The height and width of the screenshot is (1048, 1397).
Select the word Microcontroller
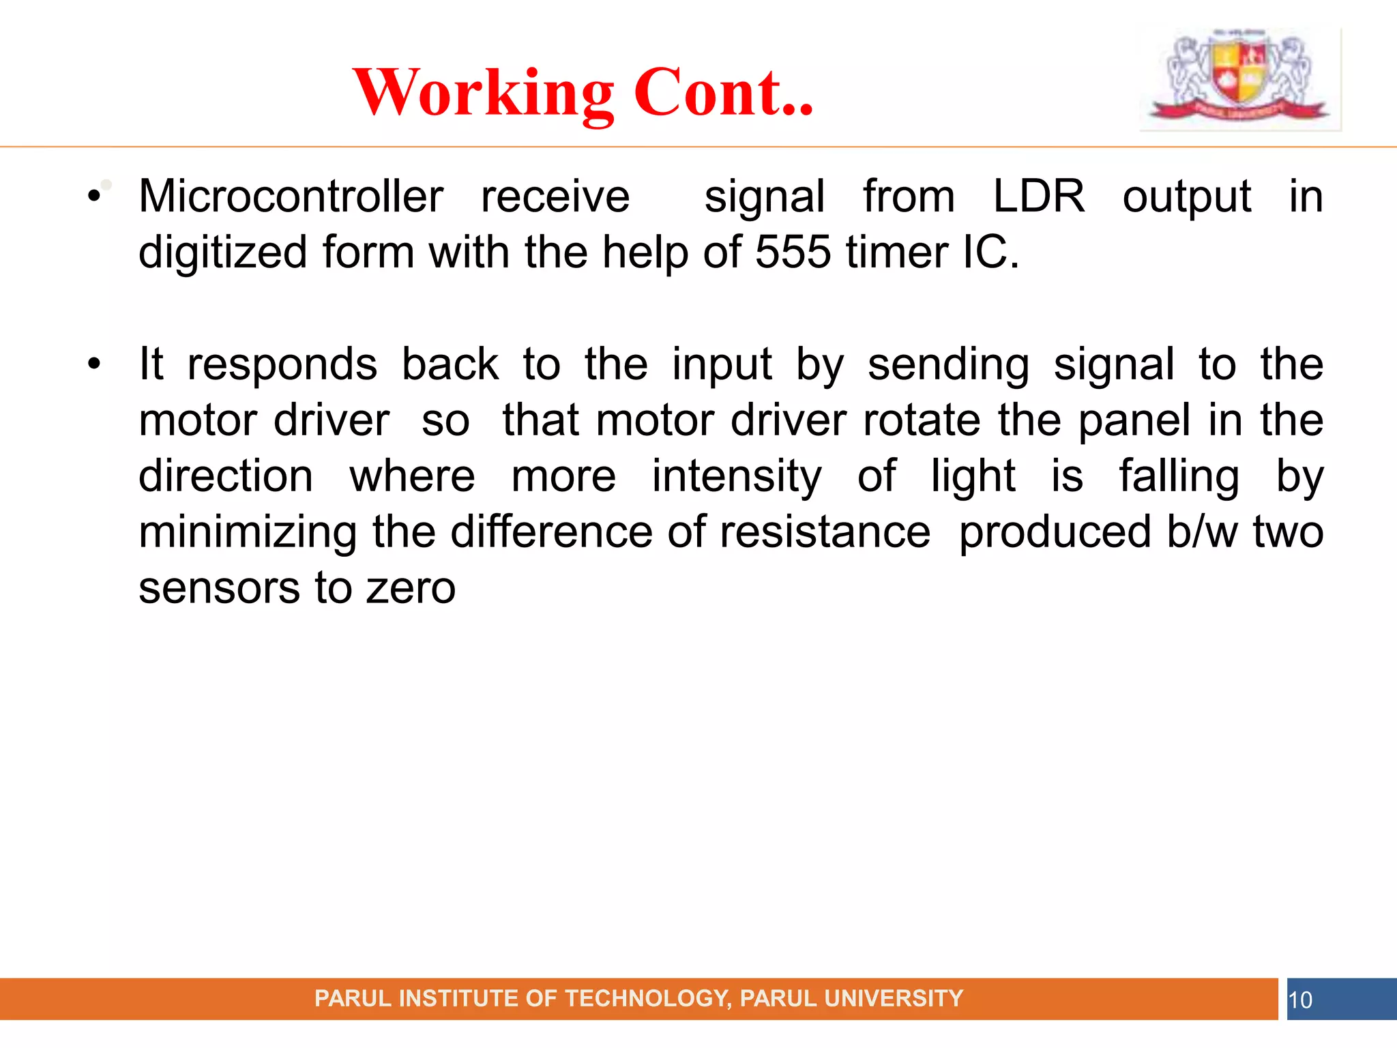pos(291,196)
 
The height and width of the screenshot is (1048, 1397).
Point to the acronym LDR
pos(1038,196)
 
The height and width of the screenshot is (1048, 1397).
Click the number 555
pos(793,252)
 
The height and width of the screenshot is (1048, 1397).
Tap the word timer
pos(896,252)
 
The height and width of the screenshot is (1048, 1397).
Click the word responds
pos(282,366)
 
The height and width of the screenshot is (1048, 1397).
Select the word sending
pos(948,366)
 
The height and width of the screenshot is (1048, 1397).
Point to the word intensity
pos(737,477)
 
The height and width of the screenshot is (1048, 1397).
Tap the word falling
pos(1179,477)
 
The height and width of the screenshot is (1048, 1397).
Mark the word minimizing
pos(248,533)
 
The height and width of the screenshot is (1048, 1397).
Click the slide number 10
pos(1300,1000)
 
